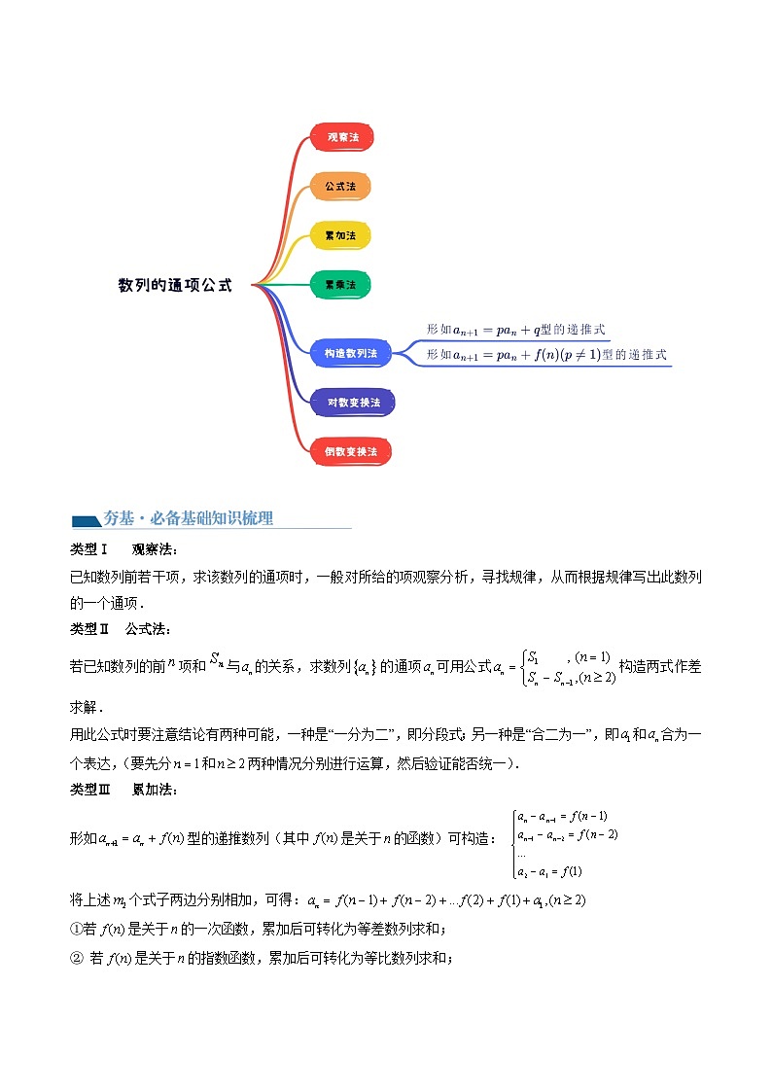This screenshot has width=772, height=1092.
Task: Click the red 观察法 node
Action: click(x=342, y=137)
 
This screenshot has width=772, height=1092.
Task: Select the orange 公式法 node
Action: click(x=340, y=185)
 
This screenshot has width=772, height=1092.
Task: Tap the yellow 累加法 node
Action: click(x=340, y=235)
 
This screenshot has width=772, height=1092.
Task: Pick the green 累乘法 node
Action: click(x=340, y=285)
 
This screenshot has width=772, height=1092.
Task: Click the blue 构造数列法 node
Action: click(x=350, y=354)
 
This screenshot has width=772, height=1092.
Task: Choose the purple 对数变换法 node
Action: click(x=353, y=402)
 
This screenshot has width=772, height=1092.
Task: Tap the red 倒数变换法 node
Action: click(x=351, y=451)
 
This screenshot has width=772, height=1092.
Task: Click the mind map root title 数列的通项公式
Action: click(x=175, y=286)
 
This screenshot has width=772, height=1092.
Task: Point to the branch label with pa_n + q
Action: click(x=515, y=330)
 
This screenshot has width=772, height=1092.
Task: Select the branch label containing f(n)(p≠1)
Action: click(x=546, y=355)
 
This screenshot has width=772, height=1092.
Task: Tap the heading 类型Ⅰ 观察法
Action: click(x=124, y=549)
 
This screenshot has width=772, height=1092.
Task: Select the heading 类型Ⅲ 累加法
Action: click(x=124, y=791)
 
